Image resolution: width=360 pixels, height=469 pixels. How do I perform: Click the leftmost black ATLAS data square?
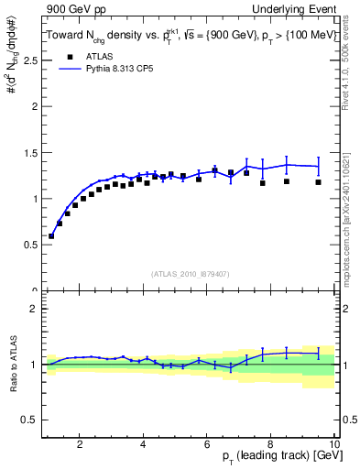coord(51,236)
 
